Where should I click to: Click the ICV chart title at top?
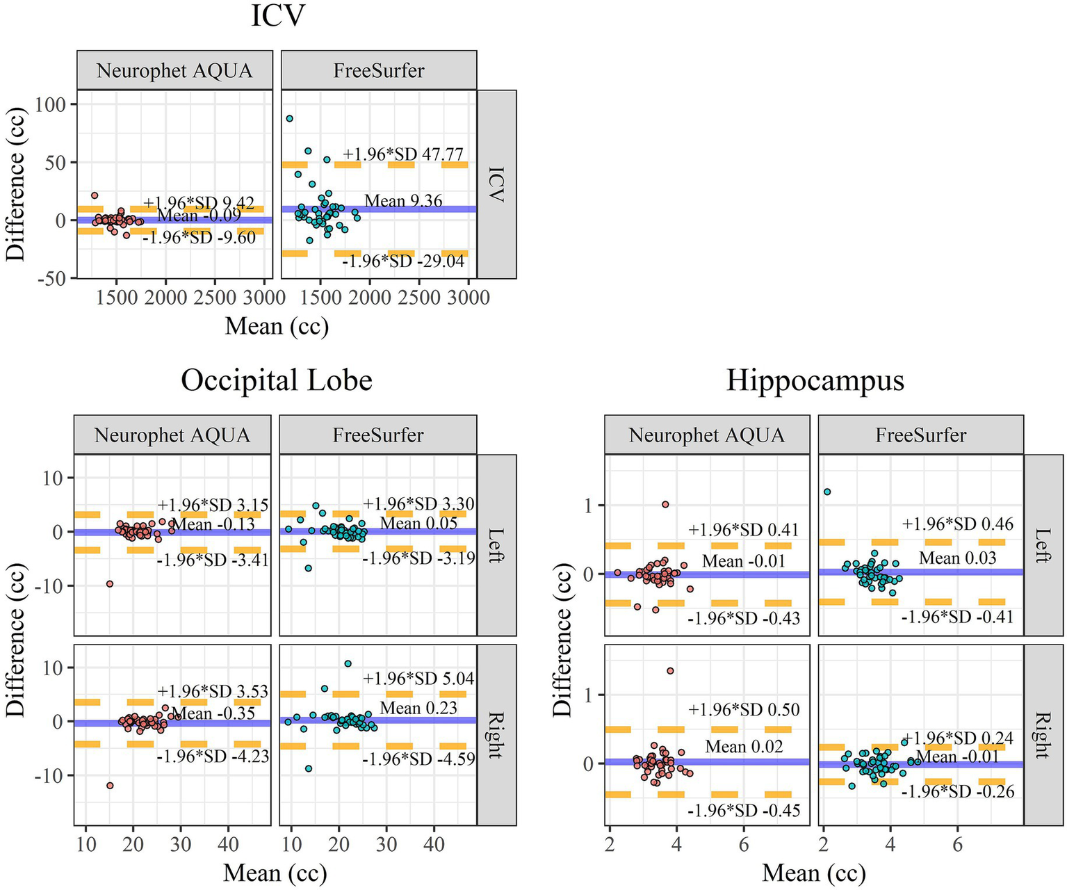pyautogui.click(x=277, y=15)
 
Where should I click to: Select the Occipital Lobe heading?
pyautogui.click(x=277, y=380)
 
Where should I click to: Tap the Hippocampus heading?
pyautogui.click(x=815, y=380)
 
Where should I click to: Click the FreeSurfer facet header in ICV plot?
pyautogui.click(x=379, y=70)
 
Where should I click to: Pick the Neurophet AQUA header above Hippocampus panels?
pyautogui.click(x=706, y=435)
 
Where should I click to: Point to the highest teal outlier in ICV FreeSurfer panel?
pyautogui.click(x=289, y=119)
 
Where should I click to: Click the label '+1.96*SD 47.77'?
pyautogui.click(x=403, y=154)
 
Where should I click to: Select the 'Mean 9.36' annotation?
pyautogui.click(x=403, y=201)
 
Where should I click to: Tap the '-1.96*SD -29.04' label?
pyautogui.click(x=403, y=261)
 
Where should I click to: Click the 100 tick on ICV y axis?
pyautogui.click(x=51, y=104)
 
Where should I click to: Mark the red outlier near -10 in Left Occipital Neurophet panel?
pyautogui.click(x=109, y=583)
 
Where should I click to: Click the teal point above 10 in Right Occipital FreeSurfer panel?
pyautogui.click(x=348, y=663)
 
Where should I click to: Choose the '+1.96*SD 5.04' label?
pyautogui.click(x=418, y=678)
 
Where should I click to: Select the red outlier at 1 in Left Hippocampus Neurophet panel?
pyautogui.click(x=665, y=504)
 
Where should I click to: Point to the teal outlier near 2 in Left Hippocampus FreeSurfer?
pyautogui.click(x=827, y=492)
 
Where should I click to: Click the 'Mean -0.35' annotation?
pyautogui.click(x=213, y=713)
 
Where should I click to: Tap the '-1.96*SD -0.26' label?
pyautogui.click(x=958, y=791)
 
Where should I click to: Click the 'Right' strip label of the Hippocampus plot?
pyautogui.click(x=1043, y=735)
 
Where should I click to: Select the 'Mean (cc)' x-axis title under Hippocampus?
pyautogui.click(x=814, y=873)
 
